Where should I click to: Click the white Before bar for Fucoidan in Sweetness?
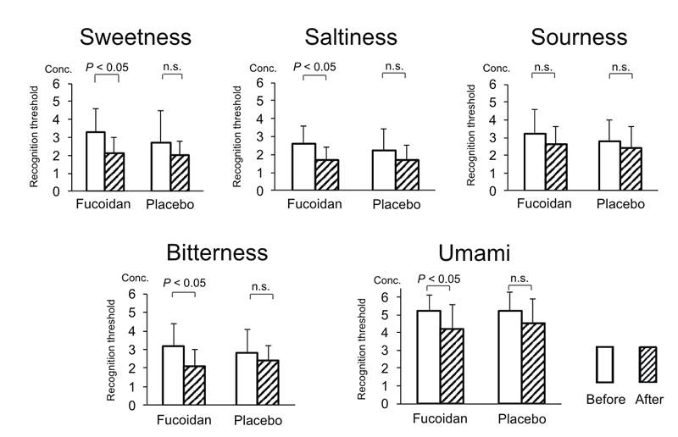[x=95, y=161]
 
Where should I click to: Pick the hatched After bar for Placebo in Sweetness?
[x=179, y=173]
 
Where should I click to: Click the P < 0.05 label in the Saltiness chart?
[x=314, y=67]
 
